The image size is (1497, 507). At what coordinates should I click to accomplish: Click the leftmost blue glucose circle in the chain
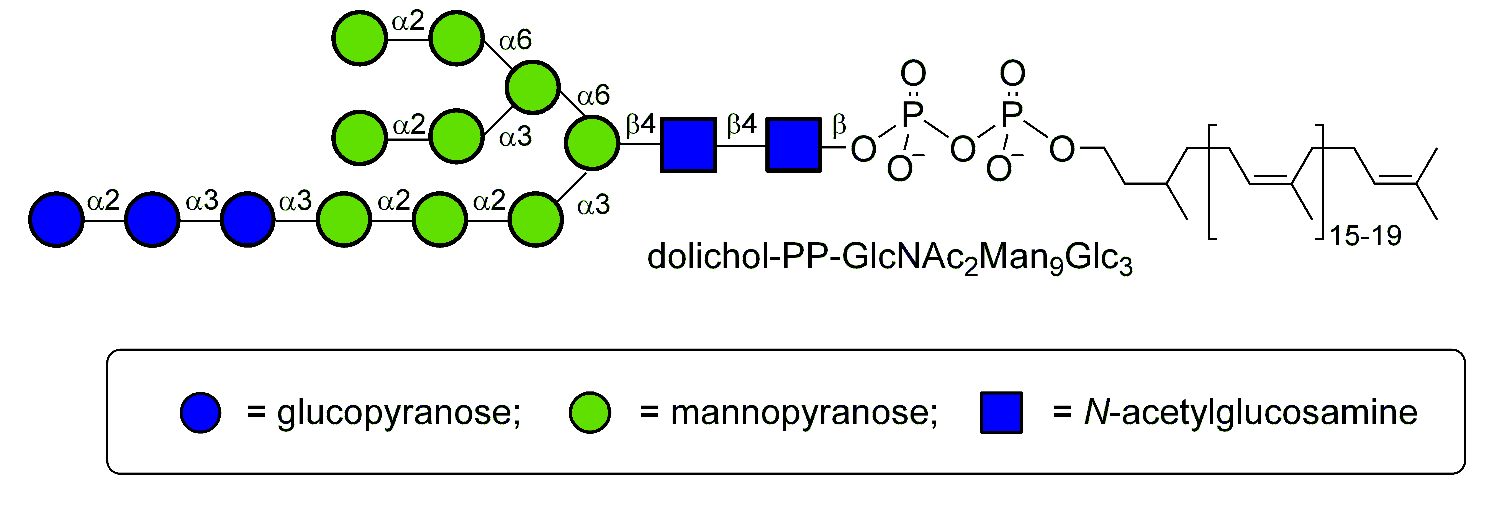56,220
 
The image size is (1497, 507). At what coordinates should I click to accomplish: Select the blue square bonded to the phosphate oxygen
793,145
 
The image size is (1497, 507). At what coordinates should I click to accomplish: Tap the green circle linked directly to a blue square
592,143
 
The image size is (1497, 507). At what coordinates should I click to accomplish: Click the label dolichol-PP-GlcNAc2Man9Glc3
889,257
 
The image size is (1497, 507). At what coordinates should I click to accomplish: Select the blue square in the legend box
1001,412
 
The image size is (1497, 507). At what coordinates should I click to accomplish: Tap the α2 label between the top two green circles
408,22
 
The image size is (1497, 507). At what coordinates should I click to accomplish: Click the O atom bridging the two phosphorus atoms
962,149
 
